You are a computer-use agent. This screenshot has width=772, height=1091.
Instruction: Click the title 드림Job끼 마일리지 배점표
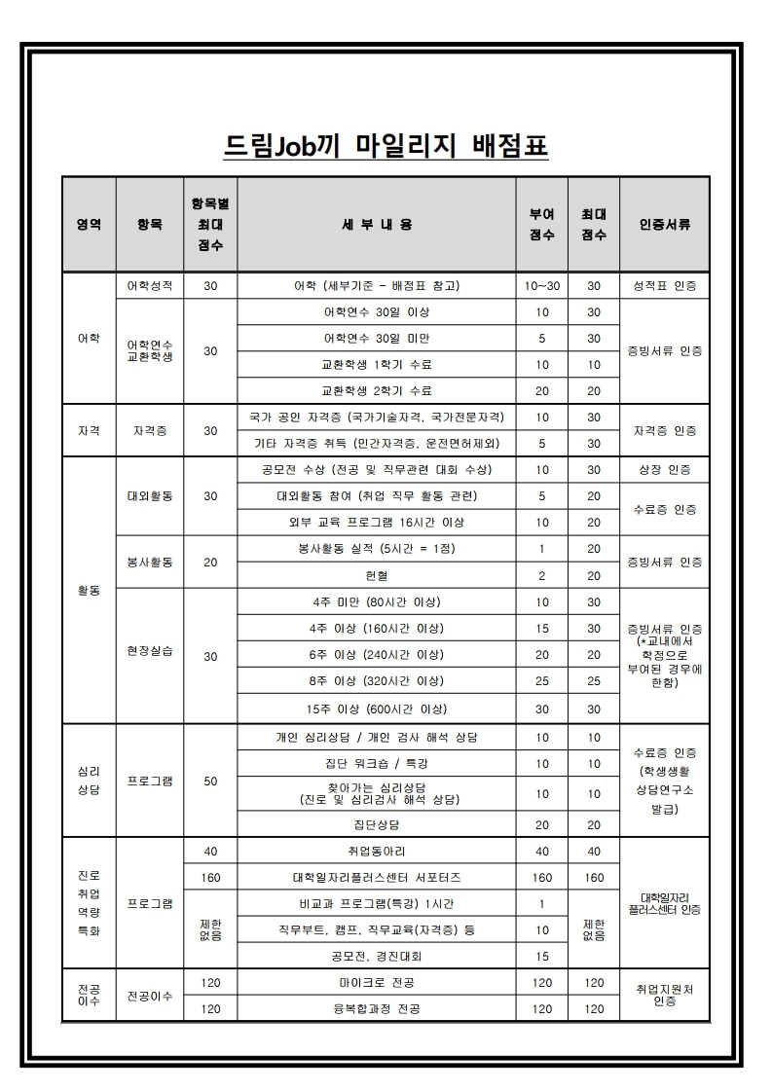(x=386, y=146)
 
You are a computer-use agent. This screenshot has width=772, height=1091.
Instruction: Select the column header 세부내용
(x=376, y=224)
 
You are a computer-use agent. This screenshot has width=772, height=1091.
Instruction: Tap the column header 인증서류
(x=665, y=224)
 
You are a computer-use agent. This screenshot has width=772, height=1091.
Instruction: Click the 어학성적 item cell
(x=150, y=286)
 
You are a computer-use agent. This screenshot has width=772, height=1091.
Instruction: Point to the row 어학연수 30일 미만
(x=376, y=339)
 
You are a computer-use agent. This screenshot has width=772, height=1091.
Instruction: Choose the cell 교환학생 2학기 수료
(x=376, y=391)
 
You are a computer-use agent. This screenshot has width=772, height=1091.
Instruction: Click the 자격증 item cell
(x=150, y=430)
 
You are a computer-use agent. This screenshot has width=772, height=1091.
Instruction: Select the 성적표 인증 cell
(x=665, y=286)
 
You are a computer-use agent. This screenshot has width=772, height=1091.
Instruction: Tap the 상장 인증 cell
(x=665, y=470)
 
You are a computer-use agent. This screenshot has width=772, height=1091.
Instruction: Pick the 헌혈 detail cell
(x=376, y=575)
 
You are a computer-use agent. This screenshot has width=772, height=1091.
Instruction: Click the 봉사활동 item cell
(x=150, y=563)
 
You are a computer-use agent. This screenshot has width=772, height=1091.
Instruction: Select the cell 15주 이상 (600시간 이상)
(x=376, y=709)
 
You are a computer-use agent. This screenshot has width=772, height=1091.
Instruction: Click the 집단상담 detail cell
(x=376, y=824)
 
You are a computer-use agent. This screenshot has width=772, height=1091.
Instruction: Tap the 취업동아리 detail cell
(x=376, y=852)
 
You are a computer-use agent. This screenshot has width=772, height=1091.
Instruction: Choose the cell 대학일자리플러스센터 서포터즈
(x=376, y=878)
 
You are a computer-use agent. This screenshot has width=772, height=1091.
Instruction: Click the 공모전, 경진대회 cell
(x=376, y=957)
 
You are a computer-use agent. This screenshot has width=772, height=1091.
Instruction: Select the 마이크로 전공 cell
(x=376, y=983)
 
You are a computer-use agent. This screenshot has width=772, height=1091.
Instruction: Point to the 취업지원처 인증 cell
(x=665, y=995)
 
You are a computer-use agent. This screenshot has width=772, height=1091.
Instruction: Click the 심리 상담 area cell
(x=89, y=780)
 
